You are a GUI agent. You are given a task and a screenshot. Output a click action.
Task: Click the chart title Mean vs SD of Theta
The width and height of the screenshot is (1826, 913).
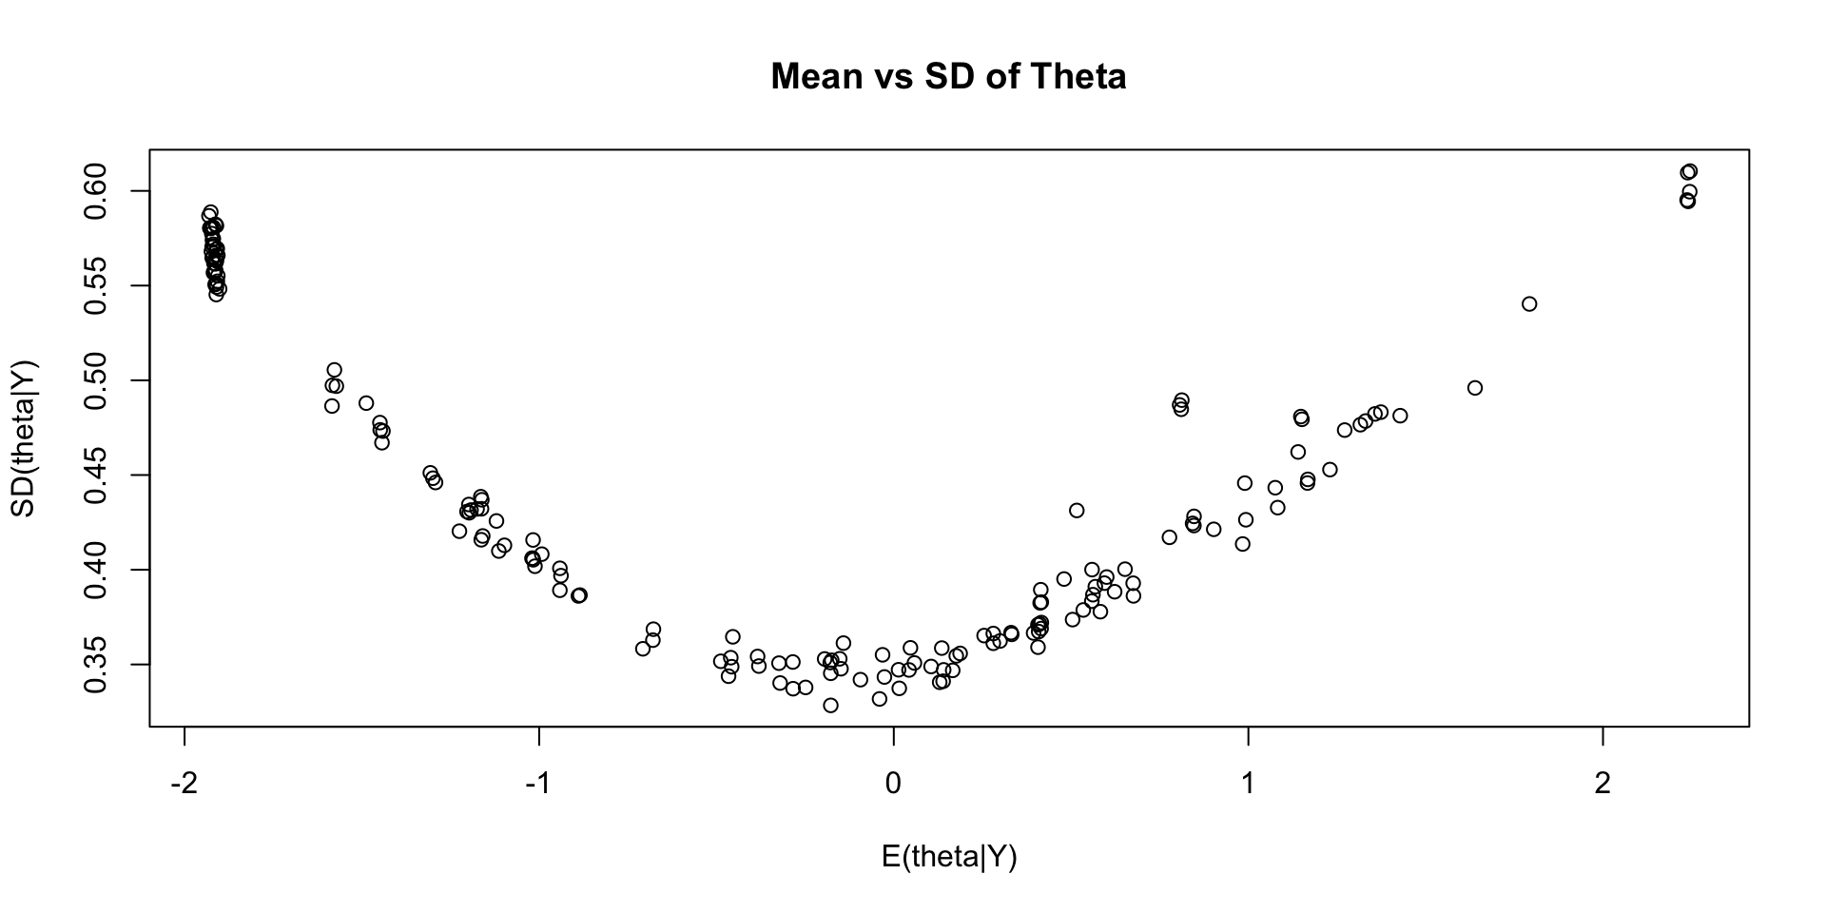[x=948, y=76]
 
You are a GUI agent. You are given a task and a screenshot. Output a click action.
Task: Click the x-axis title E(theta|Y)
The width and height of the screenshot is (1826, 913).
[x=949, y=857]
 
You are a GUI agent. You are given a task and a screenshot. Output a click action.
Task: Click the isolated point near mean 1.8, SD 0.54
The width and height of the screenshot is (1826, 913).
[x=1529, y=304]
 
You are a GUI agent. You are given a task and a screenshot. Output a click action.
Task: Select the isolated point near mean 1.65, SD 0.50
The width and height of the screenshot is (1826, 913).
[x=1475, y=388]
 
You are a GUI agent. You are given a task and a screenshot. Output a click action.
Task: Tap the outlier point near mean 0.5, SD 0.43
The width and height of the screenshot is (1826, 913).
[x=1077, y=511]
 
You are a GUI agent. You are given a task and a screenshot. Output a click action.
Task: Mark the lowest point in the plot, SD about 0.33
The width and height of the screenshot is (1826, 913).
[x=830, y=706]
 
